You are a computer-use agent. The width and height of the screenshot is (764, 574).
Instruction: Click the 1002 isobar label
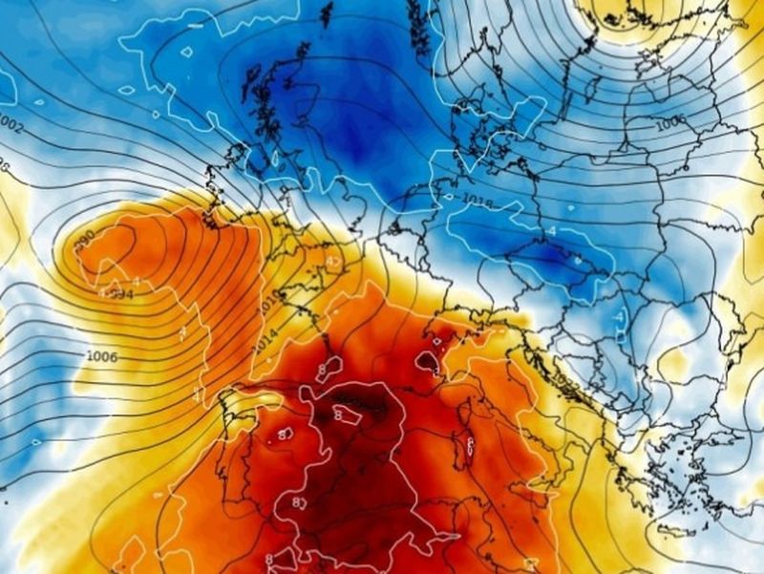click(12, 124)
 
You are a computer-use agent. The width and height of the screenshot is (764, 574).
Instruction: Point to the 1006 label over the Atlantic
click(101, 356)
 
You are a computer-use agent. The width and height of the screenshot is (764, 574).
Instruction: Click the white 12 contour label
click(333, 261)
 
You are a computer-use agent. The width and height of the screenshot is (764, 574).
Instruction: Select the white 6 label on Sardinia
click(471, 442)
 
